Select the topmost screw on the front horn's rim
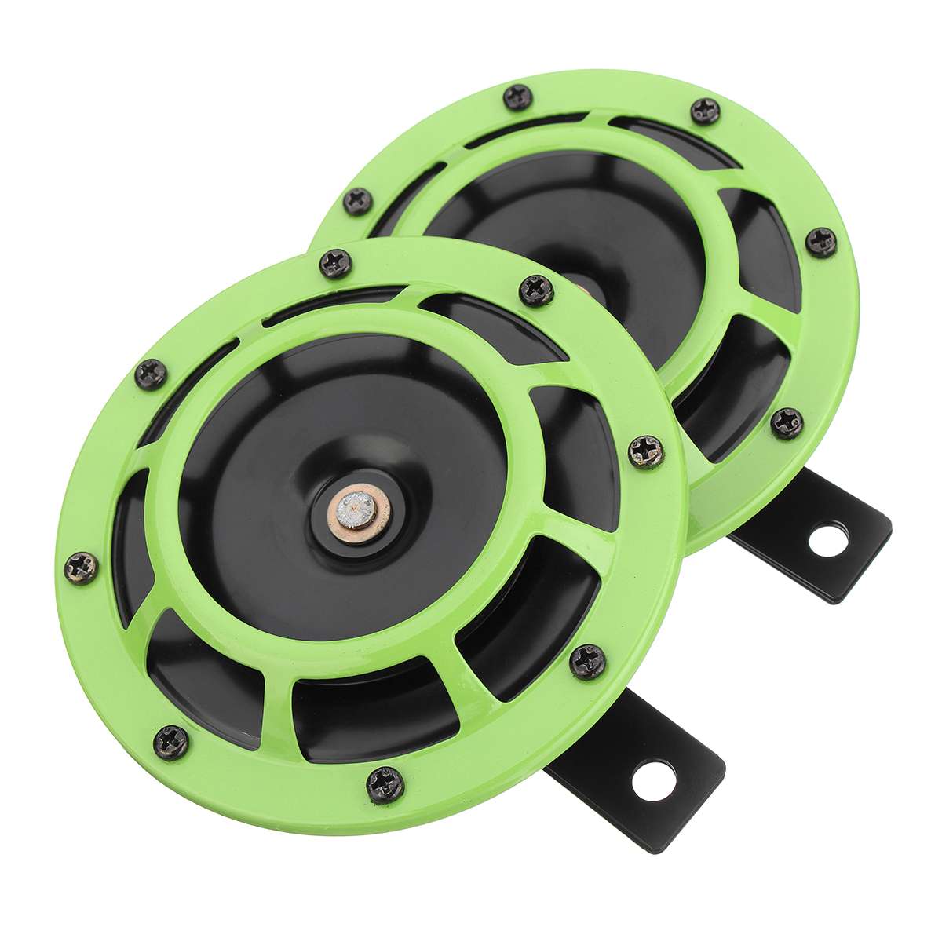(x=338, y=265)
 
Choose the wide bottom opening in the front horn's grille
(x=369, y=706)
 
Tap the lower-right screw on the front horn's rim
(x=589, y=657)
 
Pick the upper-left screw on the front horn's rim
(x=152, y=371)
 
